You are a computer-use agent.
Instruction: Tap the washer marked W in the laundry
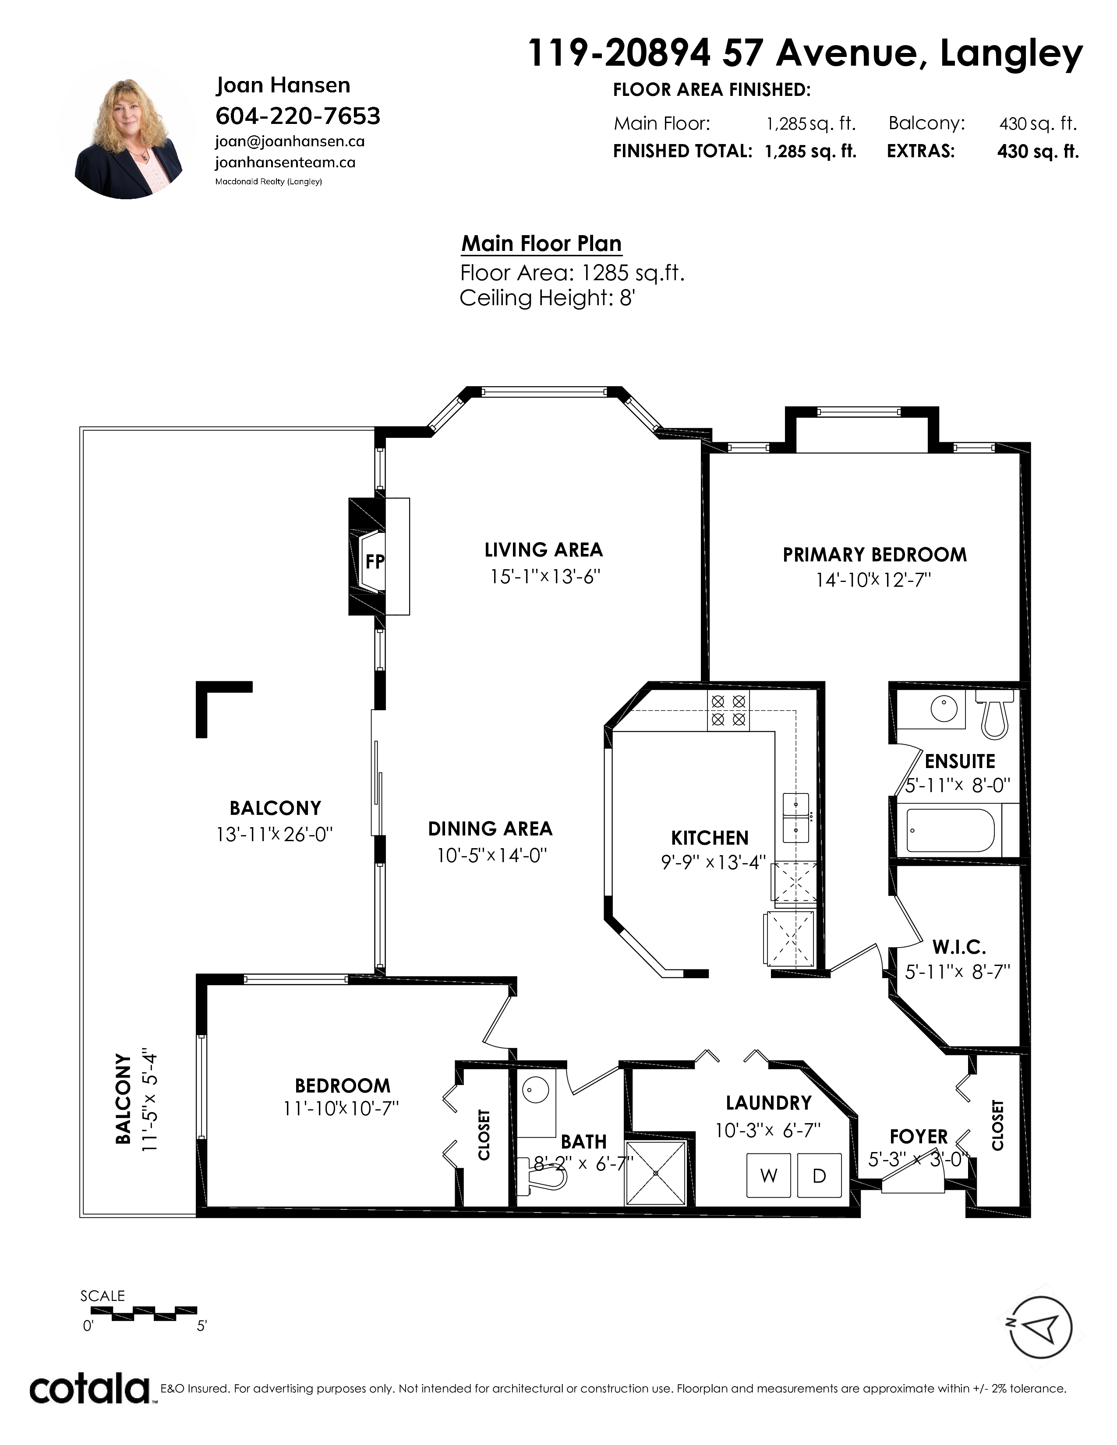pos(768,1175)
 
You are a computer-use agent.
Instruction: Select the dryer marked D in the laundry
pos(819,1175)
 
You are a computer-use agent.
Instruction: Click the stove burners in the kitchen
pos(728,710)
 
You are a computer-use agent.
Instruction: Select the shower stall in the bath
pos(656,1173)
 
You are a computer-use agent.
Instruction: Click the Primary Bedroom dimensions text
pos(873,580)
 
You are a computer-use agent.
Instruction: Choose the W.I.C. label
pos(959,948)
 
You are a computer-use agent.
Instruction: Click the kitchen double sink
pos(795,818)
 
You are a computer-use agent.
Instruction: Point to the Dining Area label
pos(490,828)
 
